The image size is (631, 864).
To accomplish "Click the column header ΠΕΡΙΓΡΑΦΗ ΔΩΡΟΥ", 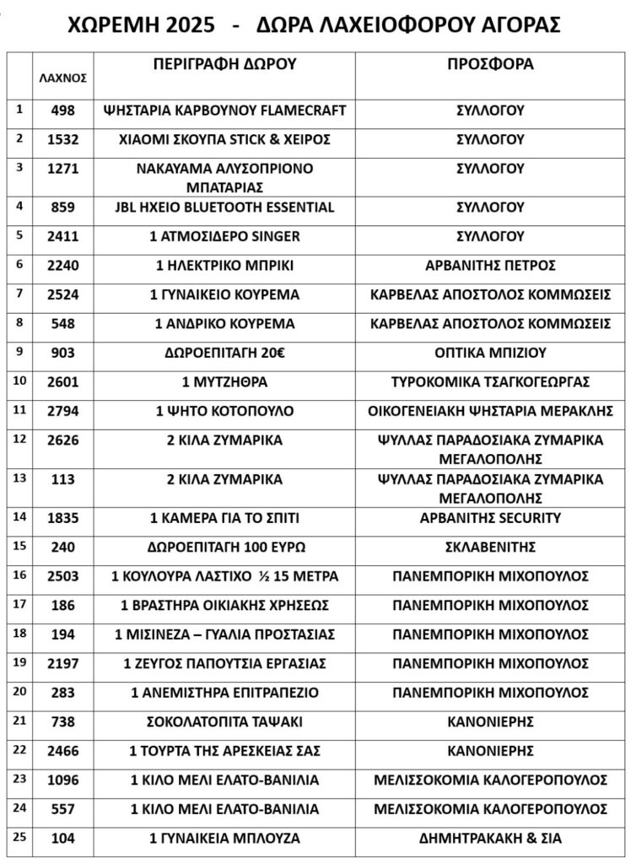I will [x=224, y=64].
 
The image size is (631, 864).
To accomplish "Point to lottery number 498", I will [x=63, y=111].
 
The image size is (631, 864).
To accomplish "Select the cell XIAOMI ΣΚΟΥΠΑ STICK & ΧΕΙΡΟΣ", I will [x=224, y=139].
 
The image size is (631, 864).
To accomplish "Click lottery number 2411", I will [x=63, y=236].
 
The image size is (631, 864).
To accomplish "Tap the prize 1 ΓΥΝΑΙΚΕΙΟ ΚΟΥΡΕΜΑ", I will [x=224, y=294].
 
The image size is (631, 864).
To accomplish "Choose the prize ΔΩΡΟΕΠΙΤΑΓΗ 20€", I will [x=224, y=353].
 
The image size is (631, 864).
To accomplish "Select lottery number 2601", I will [x=63, y=381].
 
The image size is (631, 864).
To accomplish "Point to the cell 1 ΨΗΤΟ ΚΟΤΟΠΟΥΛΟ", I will [x=224, y=411].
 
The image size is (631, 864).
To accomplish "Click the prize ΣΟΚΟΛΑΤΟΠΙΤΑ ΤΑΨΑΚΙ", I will [x=224, y=721].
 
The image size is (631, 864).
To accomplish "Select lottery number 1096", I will [x=63, y=780].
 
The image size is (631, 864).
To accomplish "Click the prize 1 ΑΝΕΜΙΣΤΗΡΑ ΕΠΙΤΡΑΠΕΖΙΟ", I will [x=224, y=693].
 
